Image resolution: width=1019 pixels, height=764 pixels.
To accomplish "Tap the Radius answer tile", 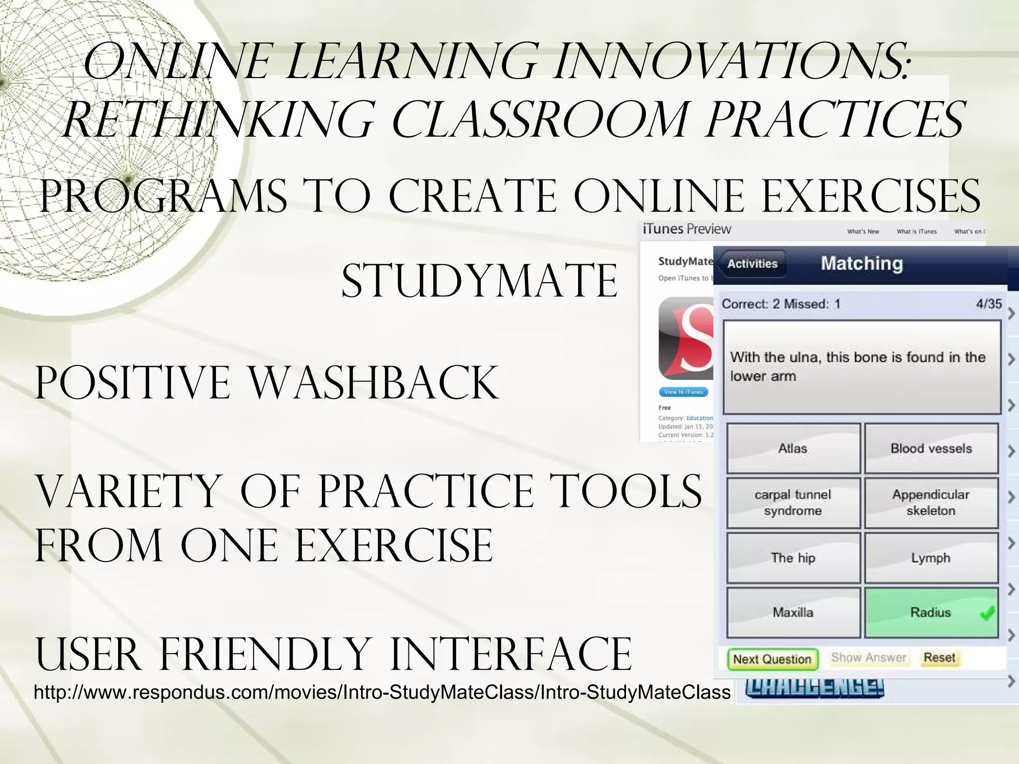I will (930, 612).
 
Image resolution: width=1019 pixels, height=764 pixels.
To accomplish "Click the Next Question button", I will (772, 659).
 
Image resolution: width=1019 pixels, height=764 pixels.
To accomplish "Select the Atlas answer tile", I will (793, 448).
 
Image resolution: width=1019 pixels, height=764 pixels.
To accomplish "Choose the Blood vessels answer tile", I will (931, 448).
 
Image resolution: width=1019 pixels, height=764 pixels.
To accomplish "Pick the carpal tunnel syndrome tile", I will (793, 502).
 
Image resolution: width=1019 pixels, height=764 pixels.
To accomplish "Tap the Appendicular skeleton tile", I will (931, 502).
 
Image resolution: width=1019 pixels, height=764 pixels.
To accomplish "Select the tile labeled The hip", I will (793, 558).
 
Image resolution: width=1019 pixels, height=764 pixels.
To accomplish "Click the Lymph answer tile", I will (931, 558).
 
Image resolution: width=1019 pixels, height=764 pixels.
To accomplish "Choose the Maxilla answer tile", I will (793, 612).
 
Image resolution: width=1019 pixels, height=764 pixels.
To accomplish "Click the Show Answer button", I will (868, 658).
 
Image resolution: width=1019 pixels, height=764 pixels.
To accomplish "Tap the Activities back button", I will (752, 264).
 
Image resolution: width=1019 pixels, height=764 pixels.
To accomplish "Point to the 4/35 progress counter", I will (989, 303).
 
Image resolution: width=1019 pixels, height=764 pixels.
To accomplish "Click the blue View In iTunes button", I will (684, 392).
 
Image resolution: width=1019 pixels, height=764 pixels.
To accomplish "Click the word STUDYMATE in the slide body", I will (479, 281).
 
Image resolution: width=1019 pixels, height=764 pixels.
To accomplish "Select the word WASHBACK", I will (373, 383).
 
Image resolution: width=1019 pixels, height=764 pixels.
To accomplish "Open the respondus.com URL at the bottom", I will (382, 692).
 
